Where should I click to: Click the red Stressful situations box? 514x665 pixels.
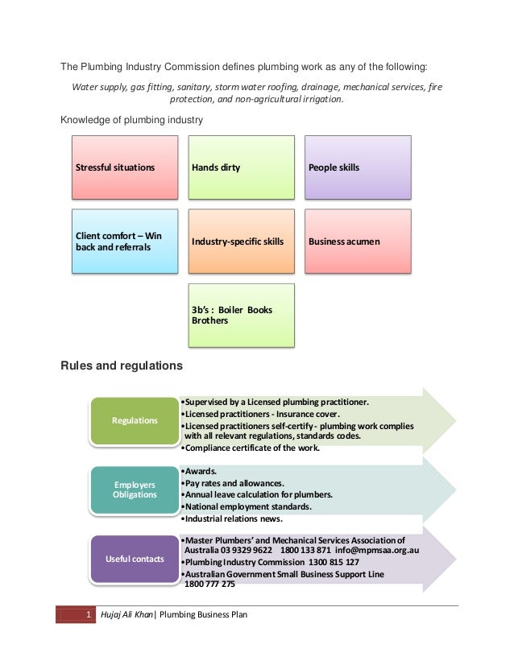pos(125,167)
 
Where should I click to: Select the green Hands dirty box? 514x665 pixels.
pos(241,167)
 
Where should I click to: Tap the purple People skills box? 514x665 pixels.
pos(357,167)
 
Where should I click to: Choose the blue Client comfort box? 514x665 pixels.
pos(125,242)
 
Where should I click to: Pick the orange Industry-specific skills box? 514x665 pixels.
pos(241,242)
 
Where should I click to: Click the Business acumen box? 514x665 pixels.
pos(357,242)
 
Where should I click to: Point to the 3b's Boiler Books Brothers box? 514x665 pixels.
pos(241,315)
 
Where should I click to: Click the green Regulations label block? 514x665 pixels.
pos(134,420)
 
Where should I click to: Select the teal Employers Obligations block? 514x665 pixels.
pos(134,489)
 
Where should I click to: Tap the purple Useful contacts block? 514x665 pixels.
pos(134,559)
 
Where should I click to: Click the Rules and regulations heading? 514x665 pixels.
pos(122,366)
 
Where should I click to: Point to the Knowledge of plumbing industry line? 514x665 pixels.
pos(132,121)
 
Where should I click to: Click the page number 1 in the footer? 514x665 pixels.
pos(87,616)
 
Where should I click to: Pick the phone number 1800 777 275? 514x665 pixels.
pos(209,584)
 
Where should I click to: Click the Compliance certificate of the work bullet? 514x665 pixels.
pos(251,448)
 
